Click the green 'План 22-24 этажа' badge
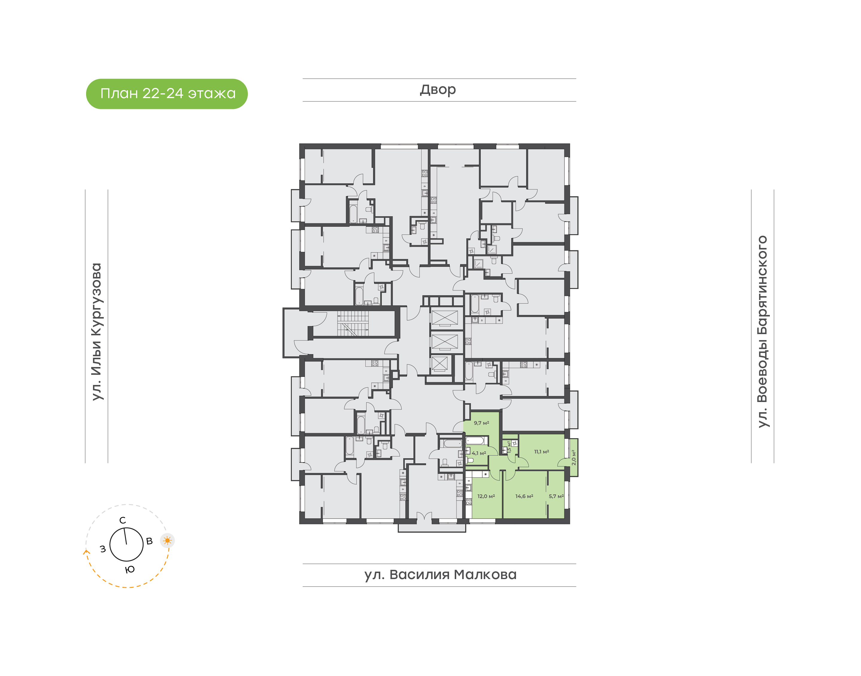pyautogui.click(x=167, y=94)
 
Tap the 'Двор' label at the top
pyautogui.click(x=438, y=90)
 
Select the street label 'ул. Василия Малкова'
pyautogui.click(x=440, y=574)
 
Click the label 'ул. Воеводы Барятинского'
pyautogui.click(x=762, y=332)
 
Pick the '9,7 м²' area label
pyautogui.click(x=481, y=423)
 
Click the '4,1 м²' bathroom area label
pyautogui.click(x=479, y=453)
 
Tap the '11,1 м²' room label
pyautogui.click(x=541, y=452)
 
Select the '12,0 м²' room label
pyautogui.click(x=486, y=496)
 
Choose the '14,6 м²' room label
pyautogui.click(x=524, y=496)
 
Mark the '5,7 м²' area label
pyautogui.click(x=556, y=496)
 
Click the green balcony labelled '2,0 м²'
pyautogui.click(x=573, y=458)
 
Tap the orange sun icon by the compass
pyautogui.click(x=167, y=540)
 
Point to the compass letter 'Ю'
pyautogui.click(x=130, y=570)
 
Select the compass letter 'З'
pyautogui.click(x=103, y=549)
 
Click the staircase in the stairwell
pyautogui.click(x=353, y=323)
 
